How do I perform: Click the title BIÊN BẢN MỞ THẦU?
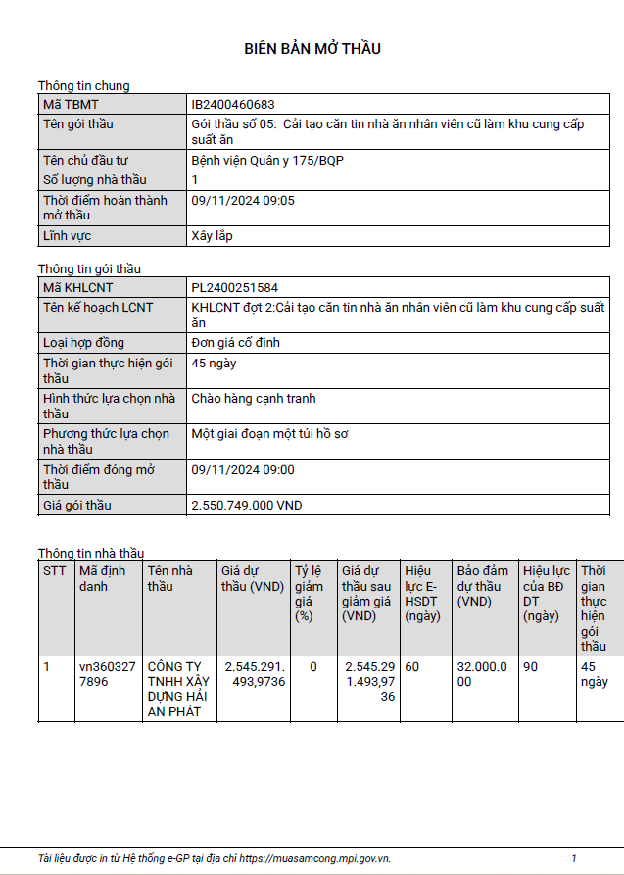[312, 49]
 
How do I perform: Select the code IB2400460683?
[233, 104]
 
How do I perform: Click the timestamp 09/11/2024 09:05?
[243, 200]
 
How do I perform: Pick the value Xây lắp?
[212, 235]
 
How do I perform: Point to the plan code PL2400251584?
[235, 288]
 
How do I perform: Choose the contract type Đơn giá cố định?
[236, 343]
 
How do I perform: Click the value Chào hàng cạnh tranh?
[254, 399]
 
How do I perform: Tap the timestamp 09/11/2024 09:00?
[243, 470]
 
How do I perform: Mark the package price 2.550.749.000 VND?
[247, 506]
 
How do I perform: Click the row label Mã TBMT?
[71, 104]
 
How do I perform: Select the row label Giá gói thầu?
[77, 506]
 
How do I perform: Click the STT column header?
[53, 571]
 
